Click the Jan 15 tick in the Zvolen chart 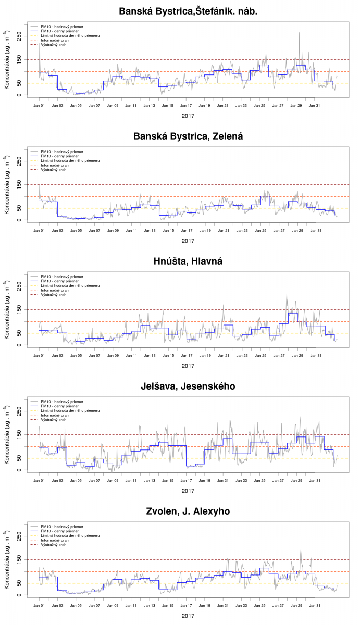[168, 606]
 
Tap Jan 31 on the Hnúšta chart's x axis [315, 355]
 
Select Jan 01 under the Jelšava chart [39, 480]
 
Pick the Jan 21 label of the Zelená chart [223, 230]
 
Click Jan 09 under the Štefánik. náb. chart [113, 105]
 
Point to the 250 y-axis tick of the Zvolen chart [19, 535]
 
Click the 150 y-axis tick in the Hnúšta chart [19, 309]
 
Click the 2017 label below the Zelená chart [188, 241]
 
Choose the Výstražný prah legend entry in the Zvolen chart [53, 545]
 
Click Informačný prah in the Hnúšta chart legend [54, 290]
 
